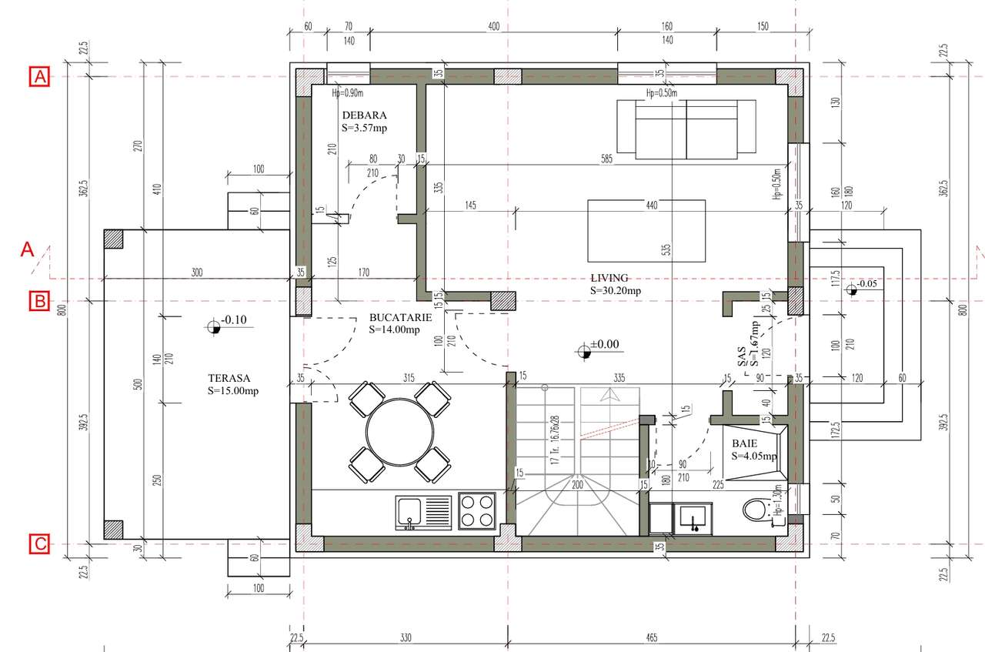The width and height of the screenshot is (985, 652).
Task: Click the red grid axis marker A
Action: (39, 76)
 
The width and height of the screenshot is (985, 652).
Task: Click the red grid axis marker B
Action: (39, 301)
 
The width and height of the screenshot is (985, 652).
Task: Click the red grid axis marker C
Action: (39, 544)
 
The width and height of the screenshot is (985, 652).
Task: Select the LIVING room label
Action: (610, 278)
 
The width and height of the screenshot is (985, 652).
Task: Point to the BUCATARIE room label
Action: (400, 317)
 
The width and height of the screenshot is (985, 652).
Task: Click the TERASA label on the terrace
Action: (229, 378)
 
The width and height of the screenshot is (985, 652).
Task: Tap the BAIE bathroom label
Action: (744, 443)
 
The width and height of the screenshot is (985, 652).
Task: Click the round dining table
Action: (399, 431)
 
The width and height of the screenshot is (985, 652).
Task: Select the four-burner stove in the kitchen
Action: (477, 511)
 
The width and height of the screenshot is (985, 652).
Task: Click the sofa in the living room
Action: (686, 129)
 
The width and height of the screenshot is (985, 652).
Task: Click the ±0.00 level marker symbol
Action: (585, 352)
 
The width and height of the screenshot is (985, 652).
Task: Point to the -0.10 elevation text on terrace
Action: (232, 319)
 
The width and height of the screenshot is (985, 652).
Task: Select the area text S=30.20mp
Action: (616, 291)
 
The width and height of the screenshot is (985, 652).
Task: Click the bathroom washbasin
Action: (693, 517)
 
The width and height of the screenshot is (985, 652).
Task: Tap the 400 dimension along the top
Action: (493, 26)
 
